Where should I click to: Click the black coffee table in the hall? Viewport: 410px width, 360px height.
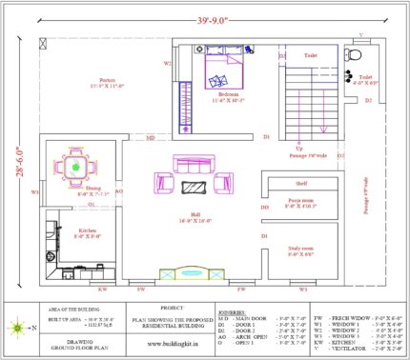click(195, 184)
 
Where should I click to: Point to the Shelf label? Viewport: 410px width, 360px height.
click(300, 183)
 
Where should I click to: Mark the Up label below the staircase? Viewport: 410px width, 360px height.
click(298, 148)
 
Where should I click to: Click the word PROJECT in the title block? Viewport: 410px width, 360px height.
click(173, 308)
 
